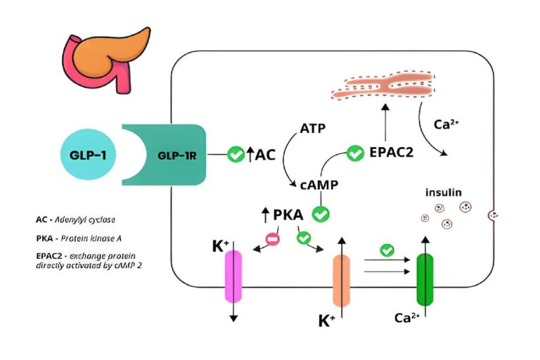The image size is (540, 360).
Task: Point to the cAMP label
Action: [319, 185]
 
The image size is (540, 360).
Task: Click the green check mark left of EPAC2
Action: [355, 152]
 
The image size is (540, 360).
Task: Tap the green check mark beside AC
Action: [236, 154]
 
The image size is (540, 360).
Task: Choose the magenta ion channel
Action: [233, 277]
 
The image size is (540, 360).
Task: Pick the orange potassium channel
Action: [341, 281]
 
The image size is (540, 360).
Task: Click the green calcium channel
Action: [425, 279]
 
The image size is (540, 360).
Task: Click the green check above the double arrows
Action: [386, 250]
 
